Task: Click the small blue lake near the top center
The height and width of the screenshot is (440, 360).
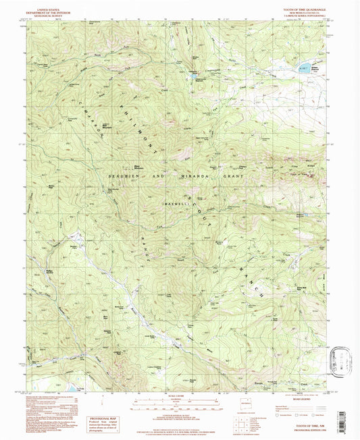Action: point(194,77)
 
